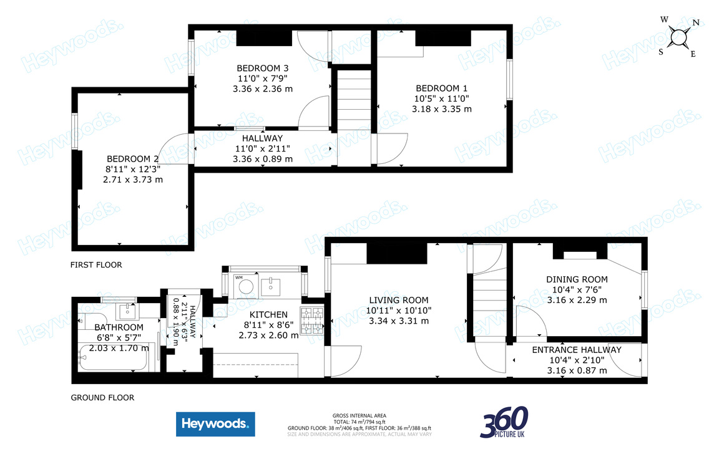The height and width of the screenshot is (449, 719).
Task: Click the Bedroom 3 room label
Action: (x=262, y=68)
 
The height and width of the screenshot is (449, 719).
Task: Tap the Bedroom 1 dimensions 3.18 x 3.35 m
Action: (x=441, y=109)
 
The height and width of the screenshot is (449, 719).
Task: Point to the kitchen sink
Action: (x=273, y=286)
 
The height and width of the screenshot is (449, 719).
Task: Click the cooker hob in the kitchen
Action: (x=313, y=319)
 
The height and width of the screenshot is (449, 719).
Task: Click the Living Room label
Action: (x=398, y=300)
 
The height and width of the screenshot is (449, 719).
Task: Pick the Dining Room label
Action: (x=577, y=279)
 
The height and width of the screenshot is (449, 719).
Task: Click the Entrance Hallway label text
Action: (x=576, y=350)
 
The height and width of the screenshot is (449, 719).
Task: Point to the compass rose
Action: (x=678, y=38)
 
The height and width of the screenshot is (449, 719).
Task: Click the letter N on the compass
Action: (x=695, y=23)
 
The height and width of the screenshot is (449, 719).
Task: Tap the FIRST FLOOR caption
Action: (x=96, y=265)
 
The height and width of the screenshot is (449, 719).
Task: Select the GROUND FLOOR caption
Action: (x=102, y=397)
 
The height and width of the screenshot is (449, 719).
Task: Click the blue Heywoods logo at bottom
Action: (x=215, y=424)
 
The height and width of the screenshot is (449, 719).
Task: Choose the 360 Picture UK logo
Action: (x=504, y=422)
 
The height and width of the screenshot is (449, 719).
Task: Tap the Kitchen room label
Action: (x=268, y=315)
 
